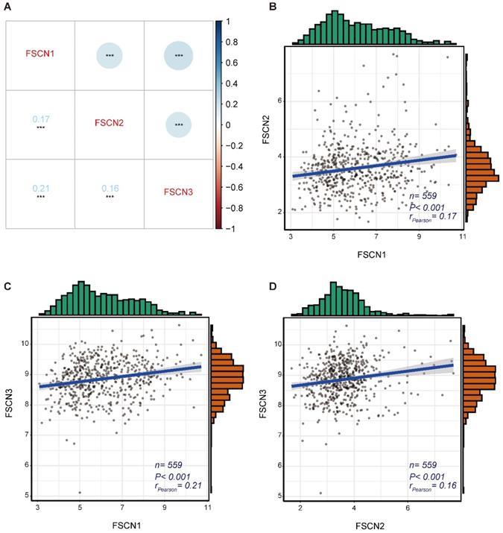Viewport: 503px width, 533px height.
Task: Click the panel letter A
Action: (x=7, y=8)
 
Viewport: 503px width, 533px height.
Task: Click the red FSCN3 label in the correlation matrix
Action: (x=180, y=192)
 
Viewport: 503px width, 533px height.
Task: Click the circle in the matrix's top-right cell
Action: (x=179, y=56)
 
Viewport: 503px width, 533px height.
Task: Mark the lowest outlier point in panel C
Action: (x=79, y=492)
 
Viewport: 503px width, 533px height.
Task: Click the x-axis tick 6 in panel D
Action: (x=408, y=508)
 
